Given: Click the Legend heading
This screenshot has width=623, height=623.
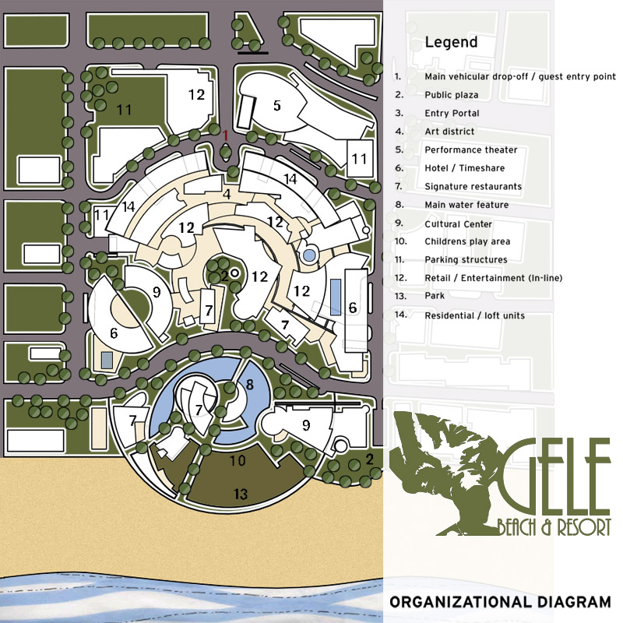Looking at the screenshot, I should click(x=451, y=42).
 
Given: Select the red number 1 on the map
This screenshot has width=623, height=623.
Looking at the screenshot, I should click(x=226, y=135).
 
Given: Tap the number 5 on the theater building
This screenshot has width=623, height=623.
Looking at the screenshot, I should click(x=276, y=104).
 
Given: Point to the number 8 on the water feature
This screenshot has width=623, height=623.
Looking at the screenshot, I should click(x=249, y=384).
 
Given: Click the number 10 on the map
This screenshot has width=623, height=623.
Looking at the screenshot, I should click(x=238, y=461).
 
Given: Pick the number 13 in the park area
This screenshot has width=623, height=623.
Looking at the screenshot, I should click(x=240, y=494).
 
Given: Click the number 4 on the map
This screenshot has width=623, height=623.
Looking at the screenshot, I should click(x=226, y=194).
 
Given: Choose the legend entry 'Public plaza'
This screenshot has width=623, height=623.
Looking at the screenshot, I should click(x=451, y=95).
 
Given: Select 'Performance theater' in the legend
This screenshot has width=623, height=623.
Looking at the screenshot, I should click(x=470, y=150).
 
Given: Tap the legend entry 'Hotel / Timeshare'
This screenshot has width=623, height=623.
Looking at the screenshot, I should click(x=464, y=168).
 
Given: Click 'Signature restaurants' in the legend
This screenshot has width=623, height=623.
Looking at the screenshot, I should click(x=473, y=187).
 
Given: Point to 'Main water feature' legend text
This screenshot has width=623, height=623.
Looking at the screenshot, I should click(x=466, y=205).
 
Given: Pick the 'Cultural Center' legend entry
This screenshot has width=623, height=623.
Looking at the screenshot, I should click(x=458, y=224).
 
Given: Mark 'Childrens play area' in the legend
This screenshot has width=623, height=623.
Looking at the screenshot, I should click(x=467, y=241).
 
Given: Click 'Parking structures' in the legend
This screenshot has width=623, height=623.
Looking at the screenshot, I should click(x=466, y=260).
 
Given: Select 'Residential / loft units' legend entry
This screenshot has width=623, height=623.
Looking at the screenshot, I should click(x=474, y=315).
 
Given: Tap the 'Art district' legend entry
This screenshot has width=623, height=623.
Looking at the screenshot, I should click(x=449, y=132).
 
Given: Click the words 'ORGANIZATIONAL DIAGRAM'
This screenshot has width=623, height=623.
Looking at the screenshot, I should click(x=500, y=602).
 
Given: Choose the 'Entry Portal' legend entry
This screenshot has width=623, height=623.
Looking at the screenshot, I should click(x=447, y=113).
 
